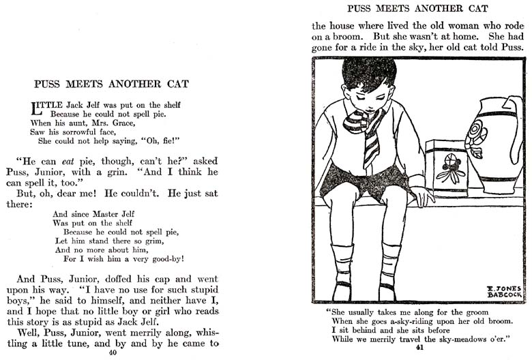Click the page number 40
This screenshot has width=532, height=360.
103,353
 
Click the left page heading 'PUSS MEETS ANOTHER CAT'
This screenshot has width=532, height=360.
111,85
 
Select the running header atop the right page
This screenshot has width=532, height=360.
417,9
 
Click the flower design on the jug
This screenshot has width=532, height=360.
475,134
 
